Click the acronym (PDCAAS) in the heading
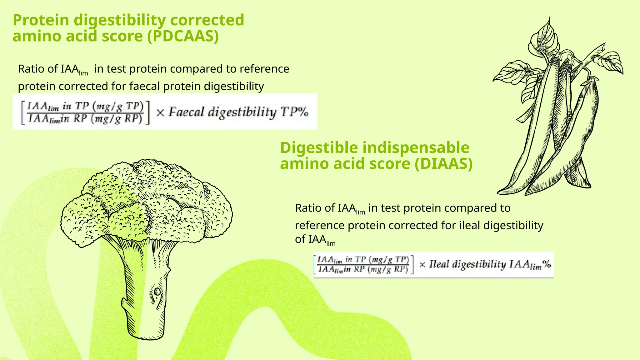click(183, 36)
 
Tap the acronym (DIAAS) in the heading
click(443, 164)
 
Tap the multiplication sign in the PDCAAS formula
click(160, 112)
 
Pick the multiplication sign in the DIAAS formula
click(422, 265)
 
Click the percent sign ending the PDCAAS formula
click(303, 112)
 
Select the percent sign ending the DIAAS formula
click(547, 264)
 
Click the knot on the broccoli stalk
click(157, 292)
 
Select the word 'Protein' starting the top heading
click(41, 20)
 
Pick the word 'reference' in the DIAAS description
click(320, 225)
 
